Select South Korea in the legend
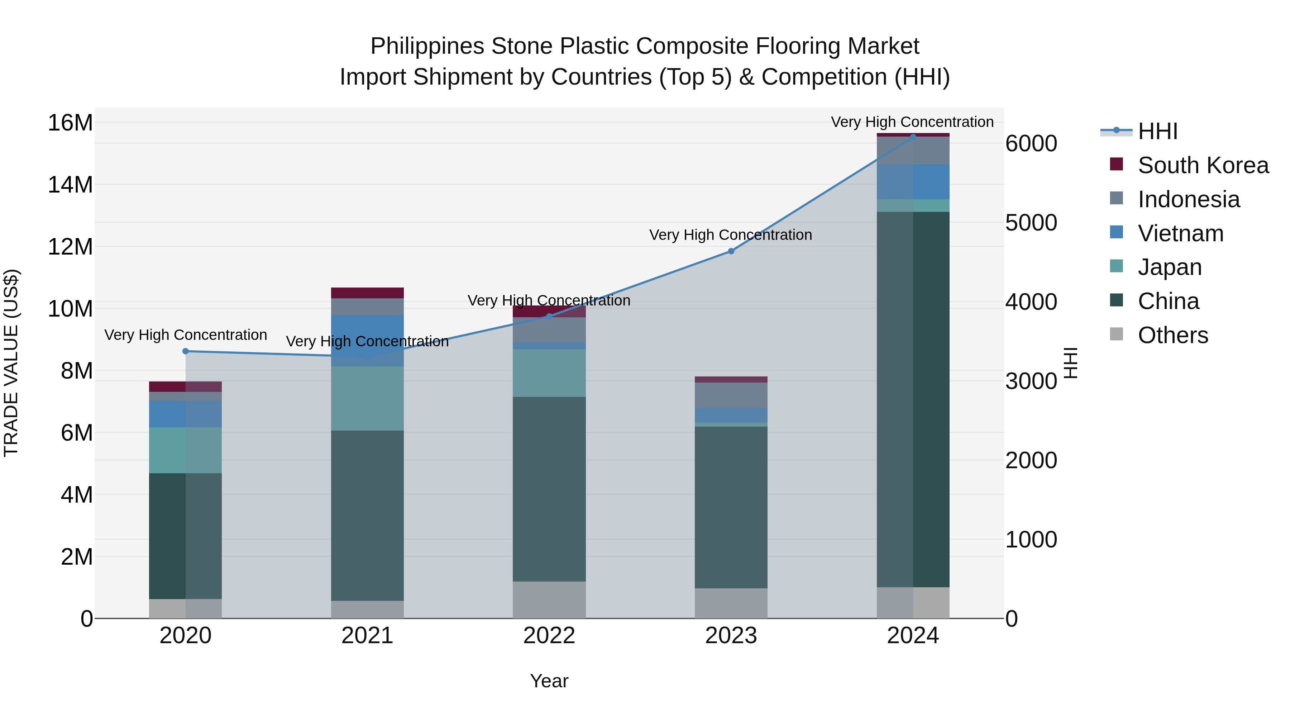click(1202, 165)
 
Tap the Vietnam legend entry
click(1180, 233)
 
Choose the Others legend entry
click(1172, 335)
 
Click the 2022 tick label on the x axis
click(549, 636)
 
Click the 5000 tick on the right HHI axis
click(1031, 223)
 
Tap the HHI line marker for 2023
click(731, 251)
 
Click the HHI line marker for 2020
click(185, 351)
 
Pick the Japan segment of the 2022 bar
click(549, 373)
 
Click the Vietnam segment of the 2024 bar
click(912, 181)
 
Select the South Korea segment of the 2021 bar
click(367, 293)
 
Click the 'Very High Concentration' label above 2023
click(730, 235)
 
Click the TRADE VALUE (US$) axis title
click(11, 363)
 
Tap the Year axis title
click(549, 681)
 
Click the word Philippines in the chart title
click(427, 47)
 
